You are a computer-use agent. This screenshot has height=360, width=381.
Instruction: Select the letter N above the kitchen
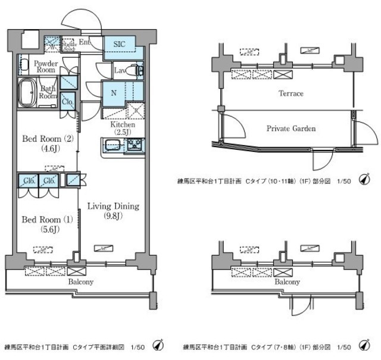[x=113, y=92]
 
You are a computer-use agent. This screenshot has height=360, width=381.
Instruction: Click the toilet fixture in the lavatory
[x=139, y=71]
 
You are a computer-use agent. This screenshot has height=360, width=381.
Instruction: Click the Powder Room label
[x=45, y=67]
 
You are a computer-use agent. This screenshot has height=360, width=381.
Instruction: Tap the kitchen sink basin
[x=113, y=145]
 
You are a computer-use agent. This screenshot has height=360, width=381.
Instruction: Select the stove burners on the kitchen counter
[x=133, y=145]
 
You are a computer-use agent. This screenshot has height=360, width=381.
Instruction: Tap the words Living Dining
[x=113, y=206]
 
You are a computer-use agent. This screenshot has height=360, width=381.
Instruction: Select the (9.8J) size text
[x=113, y=215]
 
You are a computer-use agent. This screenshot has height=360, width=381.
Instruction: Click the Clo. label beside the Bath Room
[x=67, y=101]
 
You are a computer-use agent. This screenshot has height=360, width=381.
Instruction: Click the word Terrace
[x=291, y=93]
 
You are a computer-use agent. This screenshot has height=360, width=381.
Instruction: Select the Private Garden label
[x=291, y=128]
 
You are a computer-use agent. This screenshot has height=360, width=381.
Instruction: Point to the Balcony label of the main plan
[x=80, y=281]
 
